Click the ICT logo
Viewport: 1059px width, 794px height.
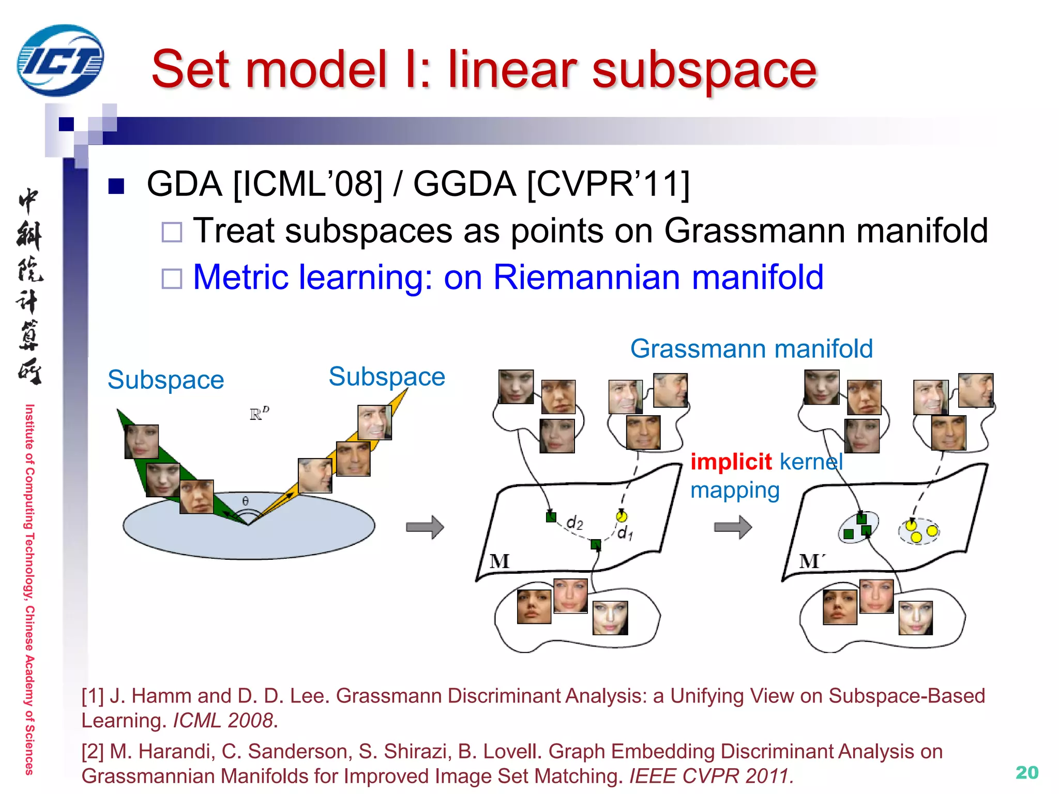pos(60,60)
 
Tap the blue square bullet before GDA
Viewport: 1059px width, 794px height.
pos(116,186)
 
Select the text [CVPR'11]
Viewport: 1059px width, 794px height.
pos(608,184)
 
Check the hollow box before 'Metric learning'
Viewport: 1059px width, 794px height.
pos(172,279)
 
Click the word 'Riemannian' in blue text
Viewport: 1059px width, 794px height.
pos(586,278)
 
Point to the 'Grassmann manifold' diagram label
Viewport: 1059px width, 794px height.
pos(751,349)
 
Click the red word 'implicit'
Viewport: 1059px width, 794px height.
pos(731,462)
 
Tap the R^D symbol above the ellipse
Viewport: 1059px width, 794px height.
pos(259,414)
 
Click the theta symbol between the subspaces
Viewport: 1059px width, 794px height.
pos(246,500)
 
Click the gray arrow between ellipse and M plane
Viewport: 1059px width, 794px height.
pos(425,527)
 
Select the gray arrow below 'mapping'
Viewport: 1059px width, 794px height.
pos(733,527)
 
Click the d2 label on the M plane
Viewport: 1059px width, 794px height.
pos(574,523)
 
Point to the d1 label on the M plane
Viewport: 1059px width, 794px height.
pos(625,532)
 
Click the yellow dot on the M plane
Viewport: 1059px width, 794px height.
pos(622,516)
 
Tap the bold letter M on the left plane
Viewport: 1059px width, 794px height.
pos(500,561)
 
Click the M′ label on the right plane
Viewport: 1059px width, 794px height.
pos(811,561)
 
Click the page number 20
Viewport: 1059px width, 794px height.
pos(1026,772)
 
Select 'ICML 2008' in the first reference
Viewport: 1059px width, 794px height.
pos(223,721)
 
